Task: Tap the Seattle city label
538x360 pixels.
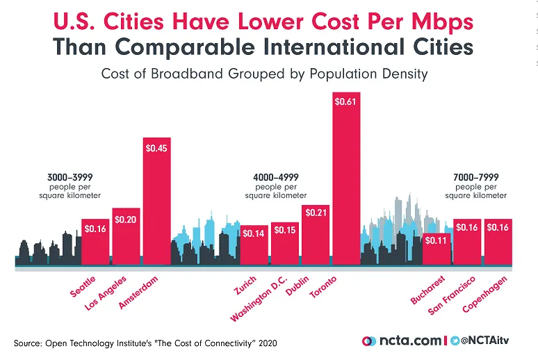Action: pyautogui.click(x=83, y=286)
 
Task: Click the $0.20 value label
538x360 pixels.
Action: pyautogui.click(x=126, y=220)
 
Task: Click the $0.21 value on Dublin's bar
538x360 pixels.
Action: pyautogui.click(x=315, y=211)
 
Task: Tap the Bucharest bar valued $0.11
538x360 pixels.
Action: pyautogui.click(x=437, y=249)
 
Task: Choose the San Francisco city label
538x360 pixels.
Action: pyautogui.click(x=452, y=296)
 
